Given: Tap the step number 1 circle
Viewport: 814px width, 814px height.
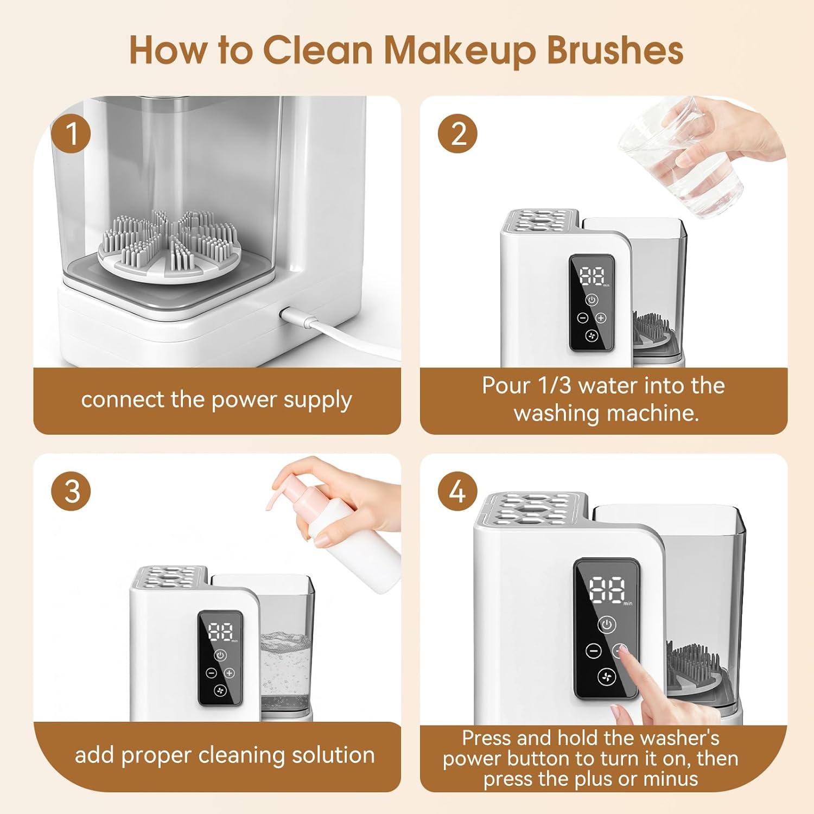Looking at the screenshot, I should point(71,133).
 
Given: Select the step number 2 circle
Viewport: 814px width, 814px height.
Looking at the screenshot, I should point(457,133).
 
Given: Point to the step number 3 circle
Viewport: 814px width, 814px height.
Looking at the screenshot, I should point(71,491).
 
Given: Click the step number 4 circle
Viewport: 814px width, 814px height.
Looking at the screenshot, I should point(457,491).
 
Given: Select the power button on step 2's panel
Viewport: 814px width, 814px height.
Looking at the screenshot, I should point(592,300).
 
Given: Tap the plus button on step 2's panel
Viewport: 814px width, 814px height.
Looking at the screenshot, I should point(601,318).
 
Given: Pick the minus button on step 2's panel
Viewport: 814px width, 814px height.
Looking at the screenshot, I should point(582,318).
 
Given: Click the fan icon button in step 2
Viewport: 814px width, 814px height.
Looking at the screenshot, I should point(592,336).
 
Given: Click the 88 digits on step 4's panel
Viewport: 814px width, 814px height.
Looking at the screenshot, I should point(607,589).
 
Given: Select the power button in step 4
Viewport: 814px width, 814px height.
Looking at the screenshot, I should point(607,625).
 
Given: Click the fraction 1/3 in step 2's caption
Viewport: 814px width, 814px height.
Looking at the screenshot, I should point(554,386).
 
